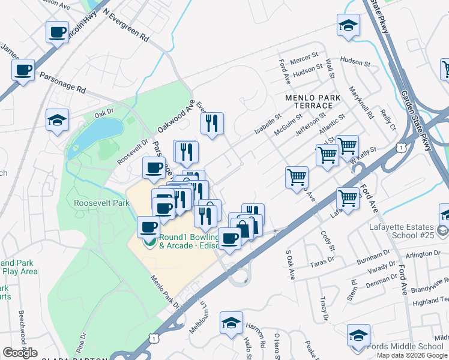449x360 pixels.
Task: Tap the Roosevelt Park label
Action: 101,203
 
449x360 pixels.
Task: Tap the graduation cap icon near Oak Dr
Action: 57,119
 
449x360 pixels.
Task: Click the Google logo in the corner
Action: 20,353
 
